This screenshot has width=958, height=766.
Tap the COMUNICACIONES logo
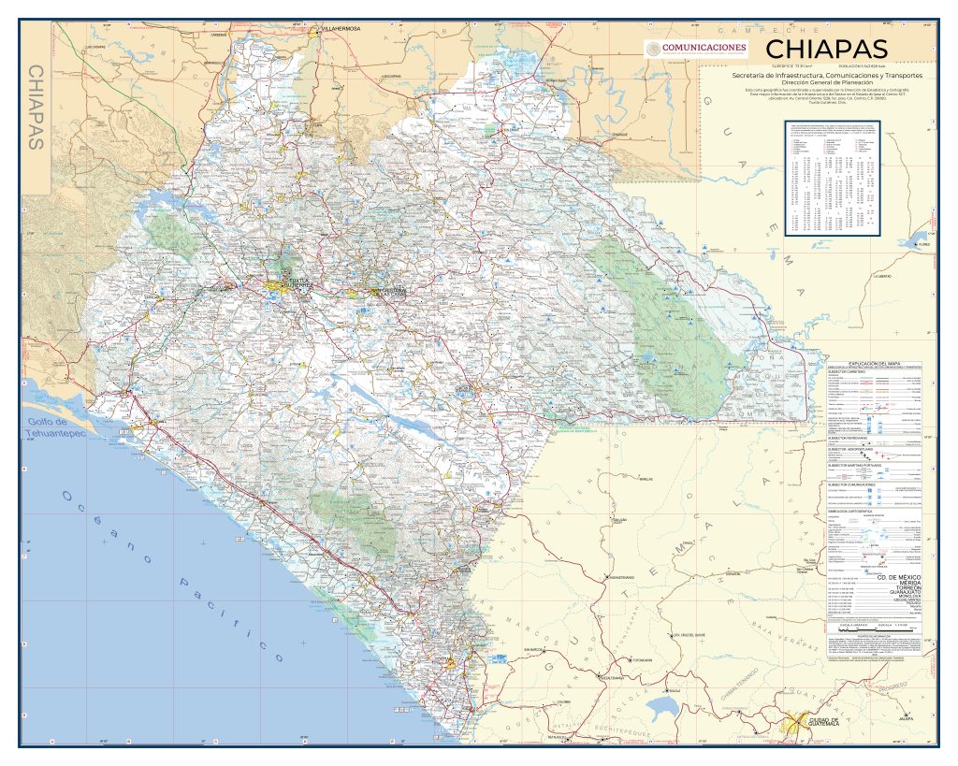click(x=694, y=49)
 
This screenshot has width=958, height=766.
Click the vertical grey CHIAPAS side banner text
click(x=37, y=108)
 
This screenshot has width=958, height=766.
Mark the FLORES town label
click(x=924, y=245)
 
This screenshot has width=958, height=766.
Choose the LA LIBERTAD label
click(x=882, y=277)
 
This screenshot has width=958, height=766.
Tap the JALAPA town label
click(x=905, y=717)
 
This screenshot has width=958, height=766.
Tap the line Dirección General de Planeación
click(x=826, y=82)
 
